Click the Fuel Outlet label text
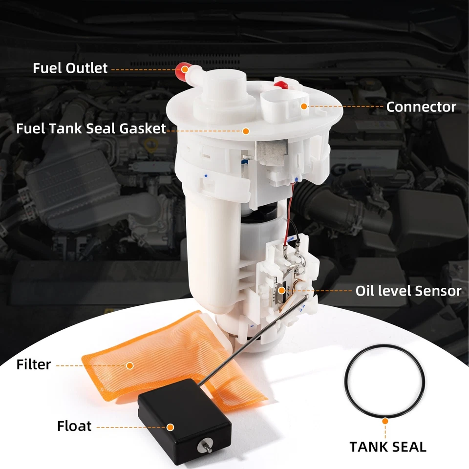pyautogui.click(x=70, y=68)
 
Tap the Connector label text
pyautogui.click(x=421, y=107)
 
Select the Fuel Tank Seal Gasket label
pyautogui.click(x=91, y=129)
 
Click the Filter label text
pyautogui.click(x=33, y=364)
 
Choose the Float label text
pyautogui.click(x=74, y=426)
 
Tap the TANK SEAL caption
pyautogui.click(x=388, y=447)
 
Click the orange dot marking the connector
pyautogui.click(x=304, y=106)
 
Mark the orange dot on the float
pyautogui.click(x=170, y=427)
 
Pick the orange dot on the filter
pyautogui.click(x=130, y=365)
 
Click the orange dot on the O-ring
pyautogui.click(x=385, y=419)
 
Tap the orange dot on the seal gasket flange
pyautogui.click(x=246, y=131)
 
